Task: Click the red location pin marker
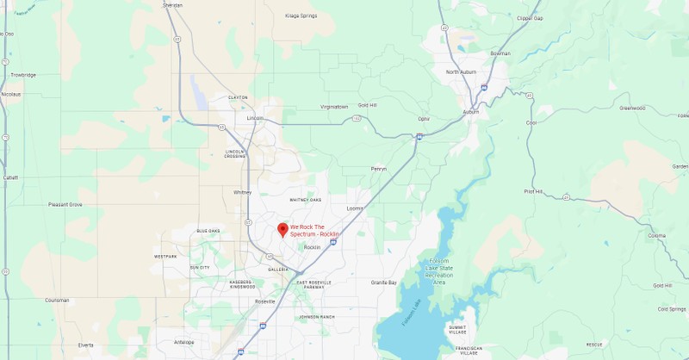282,229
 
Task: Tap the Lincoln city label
255,118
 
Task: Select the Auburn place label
470,112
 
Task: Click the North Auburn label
462,71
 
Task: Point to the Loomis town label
354,208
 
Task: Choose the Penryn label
378,169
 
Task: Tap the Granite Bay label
384,282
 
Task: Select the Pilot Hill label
534,192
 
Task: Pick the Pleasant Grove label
65,205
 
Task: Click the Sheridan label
172,4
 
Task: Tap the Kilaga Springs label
301,16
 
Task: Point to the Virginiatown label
334,107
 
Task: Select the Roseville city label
264,301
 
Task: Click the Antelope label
184,342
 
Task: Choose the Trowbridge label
23,75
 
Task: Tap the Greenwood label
632,109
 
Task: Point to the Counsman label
57,301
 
